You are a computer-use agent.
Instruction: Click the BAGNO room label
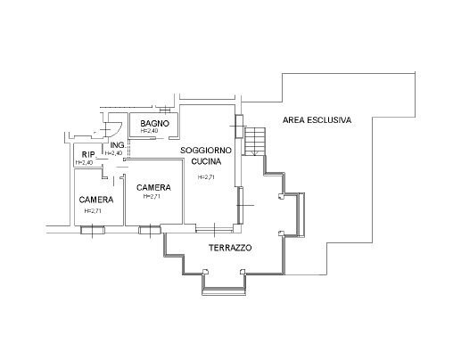point(154,123)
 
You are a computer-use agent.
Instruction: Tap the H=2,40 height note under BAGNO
point(149,132)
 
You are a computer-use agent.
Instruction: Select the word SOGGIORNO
point(206,151)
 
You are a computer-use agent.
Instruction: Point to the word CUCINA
point(206,163)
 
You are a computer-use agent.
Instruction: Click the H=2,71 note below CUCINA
point(206,176)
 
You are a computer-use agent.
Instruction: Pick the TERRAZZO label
point(229,247)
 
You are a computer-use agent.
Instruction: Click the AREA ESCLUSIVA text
point(317,119)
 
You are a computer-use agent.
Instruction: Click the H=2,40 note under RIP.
point(85,163)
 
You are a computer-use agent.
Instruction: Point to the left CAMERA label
point(95,199)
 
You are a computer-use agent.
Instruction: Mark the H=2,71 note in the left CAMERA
point(93,211)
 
